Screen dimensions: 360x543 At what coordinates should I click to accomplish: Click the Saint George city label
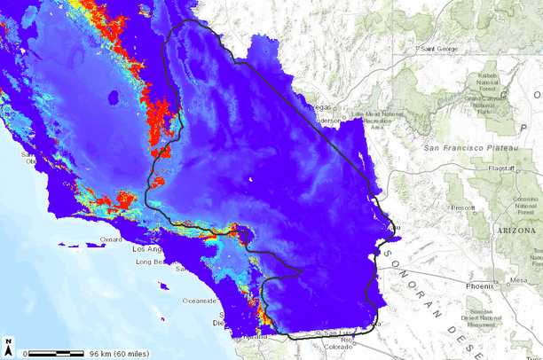pos(441,49)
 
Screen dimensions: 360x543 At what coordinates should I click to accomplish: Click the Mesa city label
pos(520,279)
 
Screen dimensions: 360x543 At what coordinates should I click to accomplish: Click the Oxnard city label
pos(112,239)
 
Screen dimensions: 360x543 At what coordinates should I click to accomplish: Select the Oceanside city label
pos(200,301)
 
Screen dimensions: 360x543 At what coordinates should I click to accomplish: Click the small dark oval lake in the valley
pos(112,98)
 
